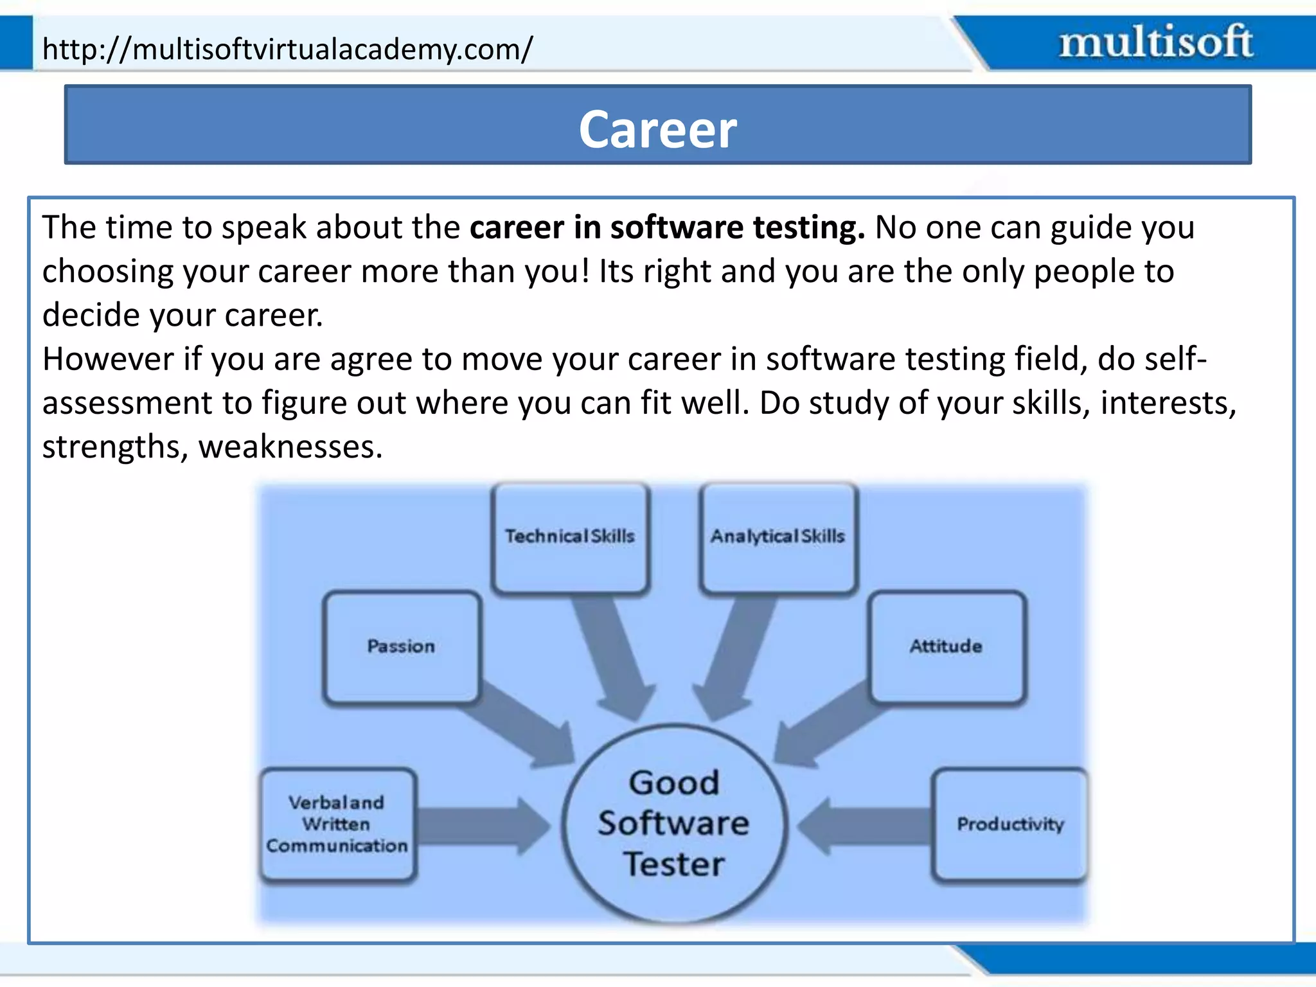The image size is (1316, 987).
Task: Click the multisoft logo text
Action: (1155, 42)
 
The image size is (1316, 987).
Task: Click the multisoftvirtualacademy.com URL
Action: (287, 49)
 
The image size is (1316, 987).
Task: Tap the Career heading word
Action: (657, 129)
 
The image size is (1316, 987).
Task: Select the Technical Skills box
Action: (570, 537)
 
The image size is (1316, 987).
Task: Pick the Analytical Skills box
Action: (778, 537)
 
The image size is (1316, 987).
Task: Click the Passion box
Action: (402, 646)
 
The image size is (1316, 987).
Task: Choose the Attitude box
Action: (947, 646)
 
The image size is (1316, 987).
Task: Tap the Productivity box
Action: (1009, 824)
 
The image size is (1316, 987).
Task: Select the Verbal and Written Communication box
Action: (337, 824)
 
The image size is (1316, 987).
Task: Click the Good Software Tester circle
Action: (673, 824)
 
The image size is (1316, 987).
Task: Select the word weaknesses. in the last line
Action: (290, 447)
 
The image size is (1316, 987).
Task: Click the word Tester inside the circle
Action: (673, 864)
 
